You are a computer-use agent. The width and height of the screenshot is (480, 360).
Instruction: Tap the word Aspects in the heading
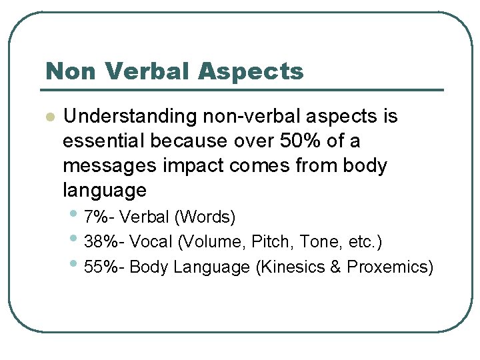pyautogui.click(x=256, y=71)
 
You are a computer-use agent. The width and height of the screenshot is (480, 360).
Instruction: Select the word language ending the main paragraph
pyautogui.click(x=105, y=191)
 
